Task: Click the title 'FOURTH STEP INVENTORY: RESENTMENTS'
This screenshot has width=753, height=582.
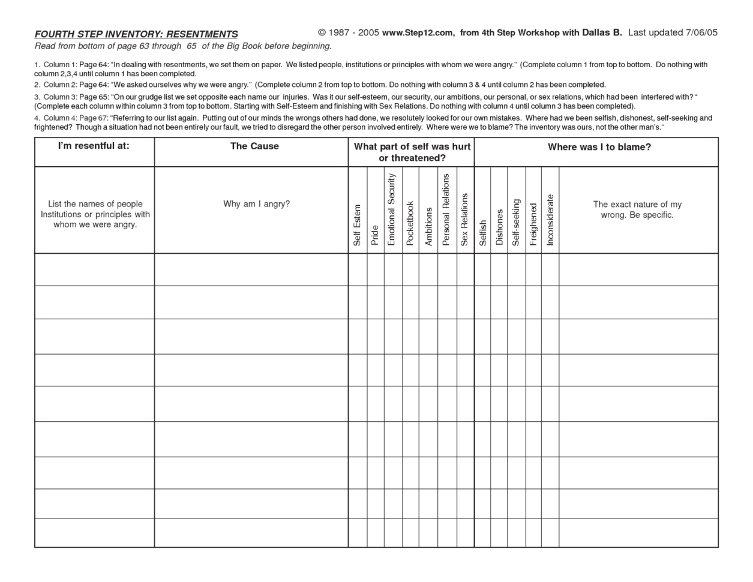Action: [x=136, y=34]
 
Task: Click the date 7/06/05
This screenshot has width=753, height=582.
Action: [x=701, y=33]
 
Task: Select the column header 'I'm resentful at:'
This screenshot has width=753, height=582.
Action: [x=94, y=146]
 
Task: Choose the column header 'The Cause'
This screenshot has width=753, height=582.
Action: [x=254, y=146]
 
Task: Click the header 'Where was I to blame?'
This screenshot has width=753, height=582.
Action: [x=599, y=147]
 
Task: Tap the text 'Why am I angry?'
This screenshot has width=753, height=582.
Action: [x=256, y=204]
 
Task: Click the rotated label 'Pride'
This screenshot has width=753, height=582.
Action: [x=375, y=235]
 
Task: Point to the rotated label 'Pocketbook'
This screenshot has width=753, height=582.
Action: [x=410, y=223]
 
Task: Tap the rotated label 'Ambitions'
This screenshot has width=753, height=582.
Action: [x=428, y=226]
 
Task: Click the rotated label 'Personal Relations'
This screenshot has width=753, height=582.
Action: [x=446, y=209]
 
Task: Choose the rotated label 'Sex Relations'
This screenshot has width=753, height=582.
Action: [x=464, y=219]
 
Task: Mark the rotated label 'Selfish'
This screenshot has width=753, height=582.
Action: [x=482, y=232]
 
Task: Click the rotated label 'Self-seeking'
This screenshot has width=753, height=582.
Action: [x=516, y=222]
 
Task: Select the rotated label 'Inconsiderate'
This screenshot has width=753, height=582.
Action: [x=550, y=220]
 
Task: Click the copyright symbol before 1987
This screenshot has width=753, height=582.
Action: [x=322, y=33]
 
